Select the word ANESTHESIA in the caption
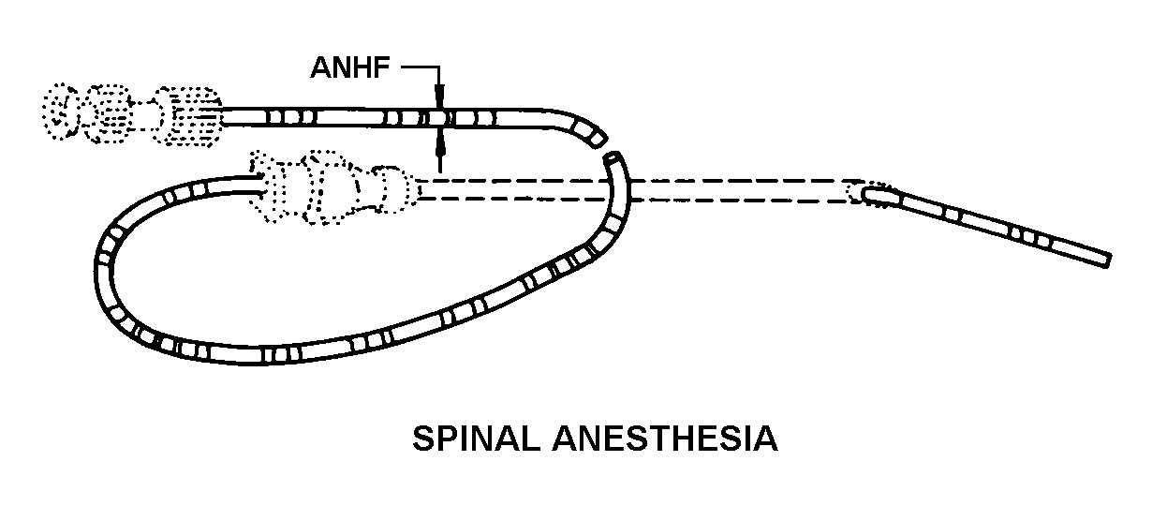coord(672,439)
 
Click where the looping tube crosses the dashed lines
coord(625,189)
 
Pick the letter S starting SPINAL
coord(421,439)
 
